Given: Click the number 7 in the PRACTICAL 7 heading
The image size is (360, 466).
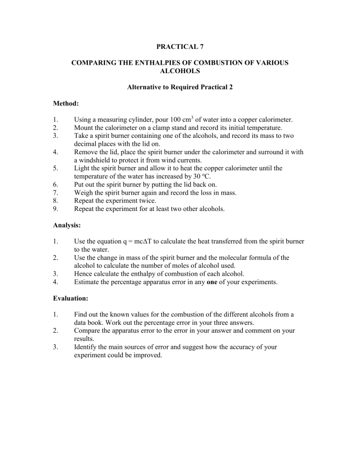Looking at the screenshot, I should tap(205, 47).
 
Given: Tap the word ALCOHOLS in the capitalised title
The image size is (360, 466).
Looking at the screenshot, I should tap(180, 70).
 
